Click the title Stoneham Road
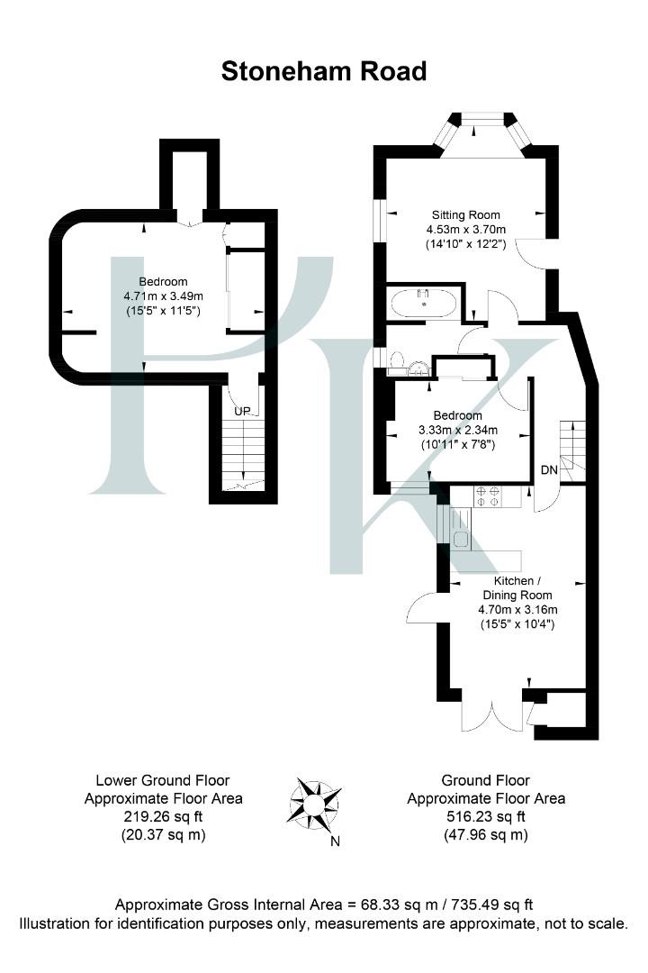(x=324, y=71)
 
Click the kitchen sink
(x=460, y=540)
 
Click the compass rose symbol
(x=315, y=800)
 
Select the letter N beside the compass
(x=335, y=842)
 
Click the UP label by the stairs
(x=241, y=411)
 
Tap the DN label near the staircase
(x=548, y=470)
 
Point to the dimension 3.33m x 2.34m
(x=457, y=430)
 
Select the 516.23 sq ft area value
(x=486, y=817)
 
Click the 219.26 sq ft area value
(x=163, y=817)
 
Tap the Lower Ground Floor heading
(x=163, y=780)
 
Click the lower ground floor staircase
(x=239, y=455)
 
